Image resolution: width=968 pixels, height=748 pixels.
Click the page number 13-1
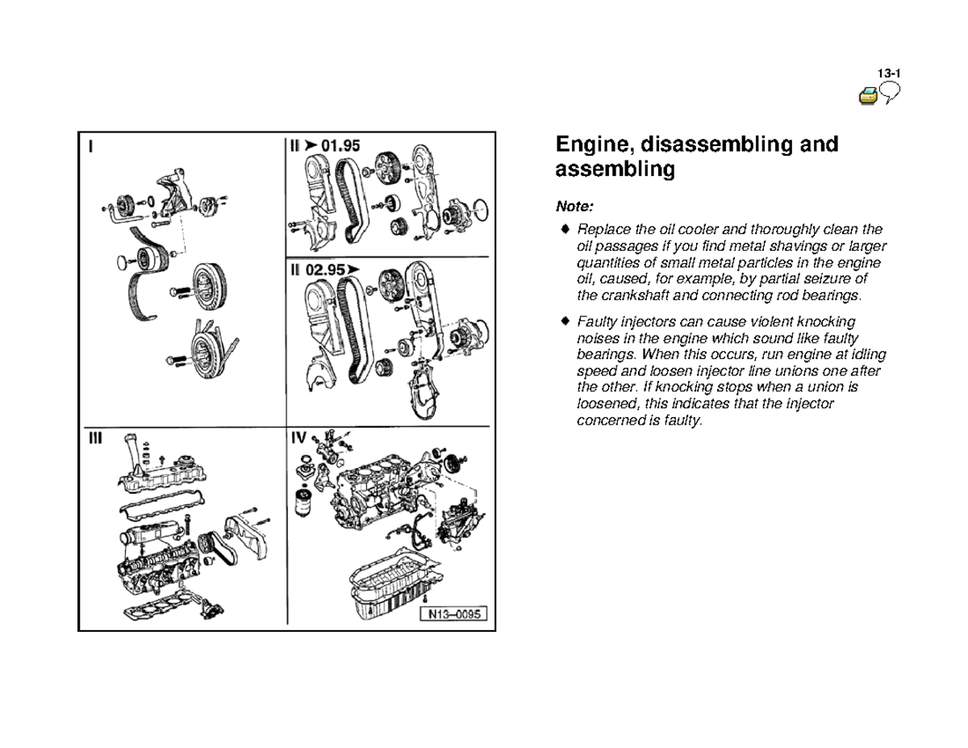(889, 73)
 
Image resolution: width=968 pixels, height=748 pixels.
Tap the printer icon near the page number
(868, 97)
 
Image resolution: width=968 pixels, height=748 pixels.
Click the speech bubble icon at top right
(890, 95)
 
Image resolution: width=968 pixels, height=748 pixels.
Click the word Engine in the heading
(593, 144)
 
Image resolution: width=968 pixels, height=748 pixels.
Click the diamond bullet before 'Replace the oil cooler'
(566, 230)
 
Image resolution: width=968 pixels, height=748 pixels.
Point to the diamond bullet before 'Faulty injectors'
(566, 322)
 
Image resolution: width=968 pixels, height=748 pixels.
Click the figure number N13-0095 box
(453, 615)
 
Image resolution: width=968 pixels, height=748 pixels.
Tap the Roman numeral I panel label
(91, 147)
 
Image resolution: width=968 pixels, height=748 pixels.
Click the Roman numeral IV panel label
(299, 437)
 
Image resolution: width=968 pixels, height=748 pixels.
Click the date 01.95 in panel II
(340, 146)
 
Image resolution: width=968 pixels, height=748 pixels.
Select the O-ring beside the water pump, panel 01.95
(478, 211)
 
